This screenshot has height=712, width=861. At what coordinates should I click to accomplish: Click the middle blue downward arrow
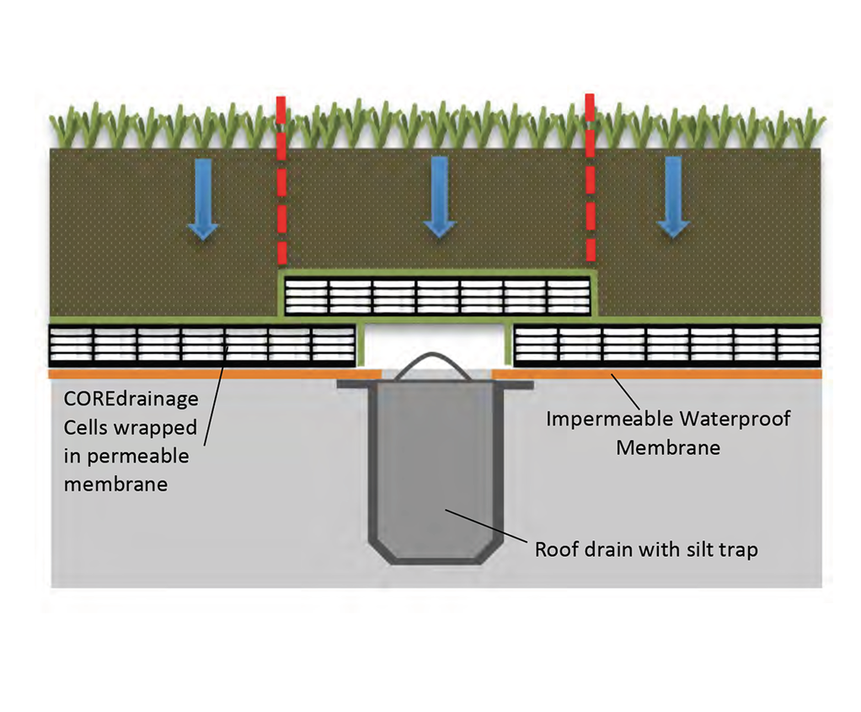coord(439,199)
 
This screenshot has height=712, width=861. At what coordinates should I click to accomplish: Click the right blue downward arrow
coord(673,199)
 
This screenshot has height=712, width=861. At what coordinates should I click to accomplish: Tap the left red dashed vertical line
coord(281,181)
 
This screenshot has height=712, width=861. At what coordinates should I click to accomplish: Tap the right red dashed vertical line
coord(590,181)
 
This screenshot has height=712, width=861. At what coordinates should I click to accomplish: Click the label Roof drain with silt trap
coord(646,549)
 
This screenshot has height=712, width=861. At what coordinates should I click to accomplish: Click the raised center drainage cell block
coord(438,296)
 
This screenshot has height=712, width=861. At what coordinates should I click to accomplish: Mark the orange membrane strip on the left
coord(202,373)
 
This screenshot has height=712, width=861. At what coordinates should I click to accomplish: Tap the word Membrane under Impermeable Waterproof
coord(667,447)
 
